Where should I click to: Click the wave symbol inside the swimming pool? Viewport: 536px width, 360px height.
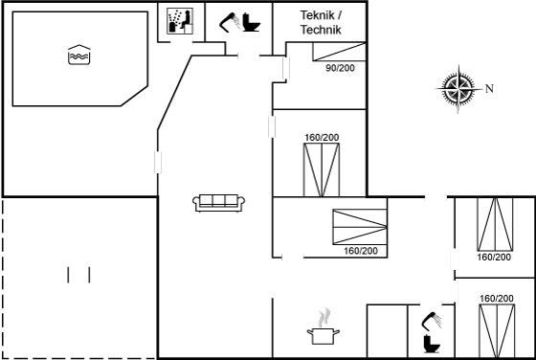pyautogui.click(x=79, y=55)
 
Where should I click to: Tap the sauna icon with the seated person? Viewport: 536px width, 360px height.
pyautogui.click(x=180, y=21)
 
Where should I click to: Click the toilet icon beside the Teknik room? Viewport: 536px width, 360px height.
pyautogui.click(x=251, y=23)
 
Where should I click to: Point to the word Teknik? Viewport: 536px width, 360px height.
pyautogui.click(x=322, y=15)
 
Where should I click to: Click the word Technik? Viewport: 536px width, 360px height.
pyautogui.click(x=321, y=30)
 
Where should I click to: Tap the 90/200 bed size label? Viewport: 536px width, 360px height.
pyautogui.click(x=340, y=68)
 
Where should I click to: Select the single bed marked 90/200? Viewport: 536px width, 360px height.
pyautogui.click(x=339, y=52)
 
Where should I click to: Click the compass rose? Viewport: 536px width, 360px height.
pyautogui.click(x=458, y=88)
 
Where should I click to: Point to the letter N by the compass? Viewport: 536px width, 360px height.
pyautogui.click(x=489, y=89)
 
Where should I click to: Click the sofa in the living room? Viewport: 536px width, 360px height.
pyautogui.click(x=219, y=203)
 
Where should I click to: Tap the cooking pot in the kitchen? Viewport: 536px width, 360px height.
pyautogui.click(x=324, y=336)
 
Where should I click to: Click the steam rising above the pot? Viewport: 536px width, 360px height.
pyautogui.click(x=324, y=318)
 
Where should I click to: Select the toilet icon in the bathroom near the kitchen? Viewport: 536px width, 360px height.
pyautogui.click(x=432, y=344)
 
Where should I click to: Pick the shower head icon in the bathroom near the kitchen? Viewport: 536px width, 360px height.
pyautogui.click(x=432, y=321)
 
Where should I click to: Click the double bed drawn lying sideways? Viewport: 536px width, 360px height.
pyautogui.click(x=360, y=227)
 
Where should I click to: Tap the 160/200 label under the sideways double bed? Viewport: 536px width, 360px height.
pyautogui.click(x=361, y=251)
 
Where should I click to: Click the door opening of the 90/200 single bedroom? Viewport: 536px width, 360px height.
pyautogui.click(x=286, y=69)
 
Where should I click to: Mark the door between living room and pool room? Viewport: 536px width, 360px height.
pyautogui.click(x=158, y=162)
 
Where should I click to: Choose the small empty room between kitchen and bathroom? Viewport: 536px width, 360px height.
pyautogui.click(x=387, y=331)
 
